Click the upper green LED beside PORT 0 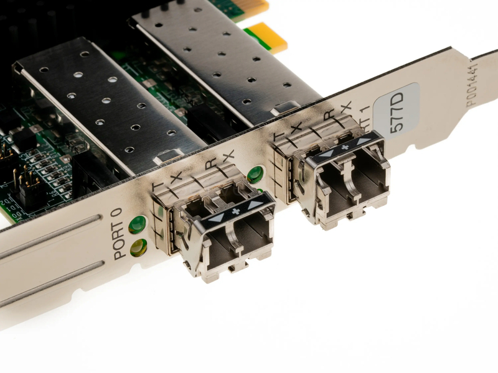click(x=137, y=224)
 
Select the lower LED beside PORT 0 click(x=138, y=247)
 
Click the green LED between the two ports click(x=255, y=175)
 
